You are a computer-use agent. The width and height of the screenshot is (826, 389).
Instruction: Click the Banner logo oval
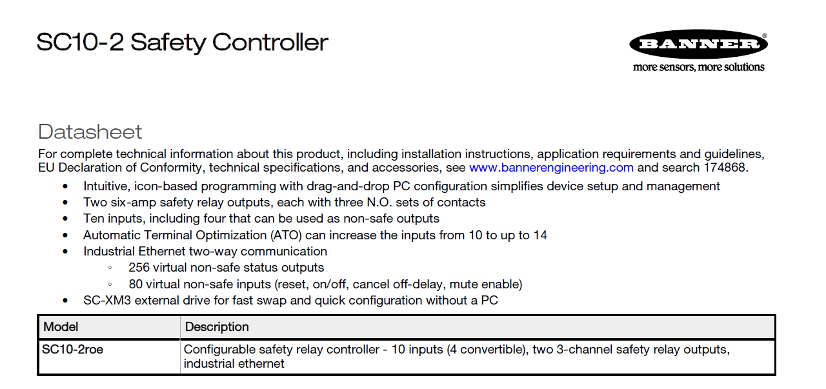(x=698, y=45)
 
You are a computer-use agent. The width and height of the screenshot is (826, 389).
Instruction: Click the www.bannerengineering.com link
(x=551, y=168)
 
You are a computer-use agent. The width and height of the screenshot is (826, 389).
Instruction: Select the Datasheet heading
(x=90, y=132)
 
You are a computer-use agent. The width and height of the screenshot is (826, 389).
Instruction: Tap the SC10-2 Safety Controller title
(x=183, y=43)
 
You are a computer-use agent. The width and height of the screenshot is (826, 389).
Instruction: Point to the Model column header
(x=61, y=327)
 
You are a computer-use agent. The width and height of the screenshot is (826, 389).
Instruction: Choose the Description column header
(x=217, y=327)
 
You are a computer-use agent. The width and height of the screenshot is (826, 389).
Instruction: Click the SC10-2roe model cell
(x=73, y=350)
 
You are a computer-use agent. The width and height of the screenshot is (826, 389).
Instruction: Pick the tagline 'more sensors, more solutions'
(x=698, y=67)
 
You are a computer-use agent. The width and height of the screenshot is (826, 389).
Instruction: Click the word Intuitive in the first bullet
(x=106, y=186)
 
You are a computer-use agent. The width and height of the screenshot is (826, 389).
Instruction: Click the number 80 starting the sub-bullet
(x=136, y=284)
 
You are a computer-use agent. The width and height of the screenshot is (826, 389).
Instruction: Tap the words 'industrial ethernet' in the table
(x=234, y=364)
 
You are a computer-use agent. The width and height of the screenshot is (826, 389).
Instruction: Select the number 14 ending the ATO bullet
(x=540, y=235)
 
